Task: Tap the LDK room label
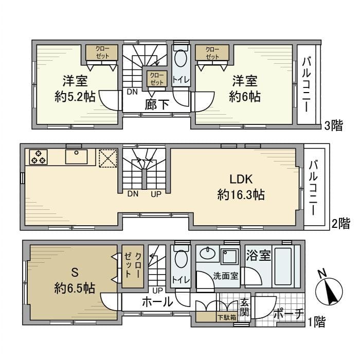241,179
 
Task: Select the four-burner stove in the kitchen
38,156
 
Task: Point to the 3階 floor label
334,125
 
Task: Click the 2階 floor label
340,224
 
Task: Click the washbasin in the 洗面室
208,254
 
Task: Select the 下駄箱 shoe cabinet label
226,318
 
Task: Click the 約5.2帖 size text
75,97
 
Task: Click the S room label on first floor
74,271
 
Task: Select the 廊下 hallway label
157,104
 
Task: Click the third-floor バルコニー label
307,84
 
